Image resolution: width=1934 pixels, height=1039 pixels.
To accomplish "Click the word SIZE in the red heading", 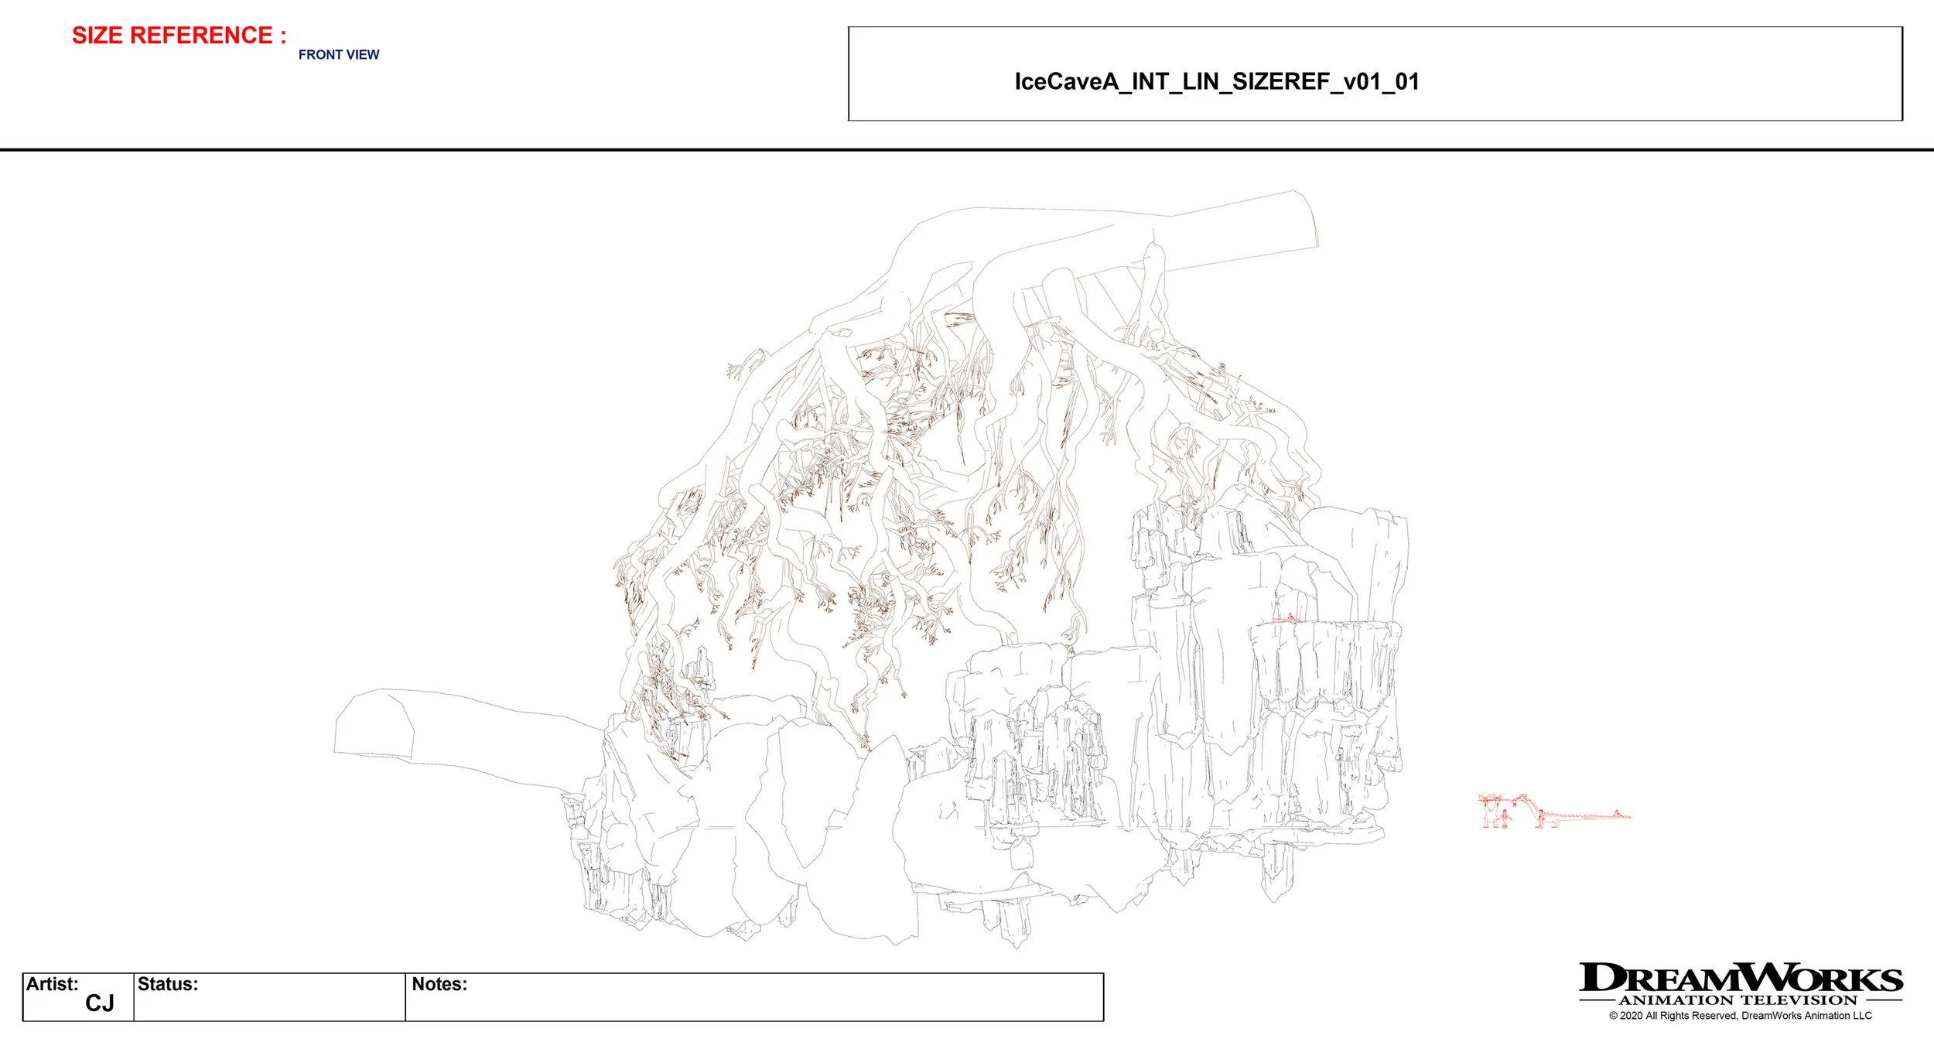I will pos(98,36).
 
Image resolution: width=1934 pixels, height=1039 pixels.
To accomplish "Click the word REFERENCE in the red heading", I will pos(200,36).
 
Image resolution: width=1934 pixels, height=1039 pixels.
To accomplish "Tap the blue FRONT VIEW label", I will pos(339,55).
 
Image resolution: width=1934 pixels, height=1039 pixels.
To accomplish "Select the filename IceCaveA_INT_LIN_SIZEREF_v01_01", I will pos(1216,82).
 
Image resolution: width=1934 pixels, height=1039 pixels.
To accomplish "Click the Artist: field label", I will pos(52,984).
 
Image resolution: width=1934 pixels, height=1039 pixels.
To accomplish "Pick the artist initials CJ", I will pos(100,1003).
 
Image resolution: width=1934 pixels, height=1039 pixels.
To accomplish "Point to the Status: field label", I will pos(167,984).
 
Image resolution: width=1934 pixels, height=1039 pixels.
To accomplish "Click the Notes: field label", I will pos(439,984).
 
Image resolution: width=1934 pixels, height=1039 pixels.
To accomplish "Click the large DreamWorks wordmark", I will pos(1741,978).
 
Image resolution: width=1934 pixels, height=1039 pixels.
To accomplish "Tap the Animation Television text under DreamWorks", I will pos(1738,1000).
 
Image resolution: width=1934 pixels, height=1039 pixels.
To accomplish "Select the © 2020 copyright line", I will pos(1741,1016).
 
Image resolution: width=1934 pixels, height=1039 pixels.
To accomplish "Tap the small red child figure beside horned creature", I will pos(1505,817).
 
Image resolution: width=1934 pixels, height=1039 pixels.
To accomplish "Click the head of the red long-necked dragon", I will pos(1515,801).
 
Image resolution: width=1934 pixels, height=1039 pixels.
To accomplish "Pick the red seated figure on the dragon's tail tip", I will pos(1617,813).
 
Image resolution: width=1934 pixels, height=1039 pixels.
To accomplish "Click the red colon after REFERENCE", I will pos(283,36).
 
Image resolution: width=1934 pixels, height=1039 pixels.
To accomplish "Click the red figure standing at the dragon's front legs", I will pos(1541,816).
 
